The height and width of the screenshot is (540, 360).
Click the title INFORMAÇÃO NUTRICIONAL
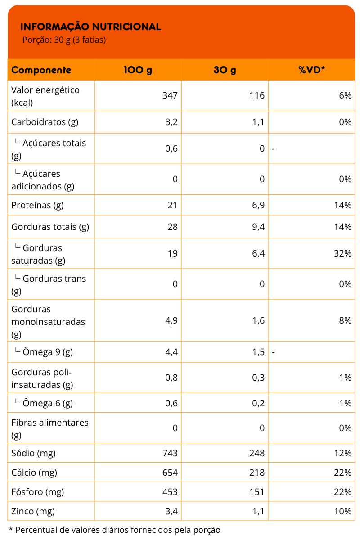(x=90, y=27)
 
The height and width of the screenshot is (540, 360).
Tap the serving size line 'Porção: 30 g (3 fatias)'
(x=64, y=40)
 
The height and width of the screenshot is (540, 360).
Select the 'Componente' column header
(x=41, y=70)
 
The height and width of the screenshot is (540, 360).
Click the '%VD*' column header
(x=311, y=70)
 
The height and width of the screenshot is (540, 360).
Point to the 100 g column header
(x=138, y=70)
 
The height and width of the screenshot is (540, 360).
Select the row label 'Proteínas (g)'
(x=37, y=205)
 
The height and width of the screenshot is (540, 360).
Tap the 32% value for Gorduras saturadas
(x=342, y=253)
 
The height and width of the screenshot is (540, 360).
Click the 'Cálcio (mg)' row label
(x=34, y=472)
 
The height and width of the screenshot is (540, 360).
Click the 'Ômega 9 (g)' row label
(x=47, y=352)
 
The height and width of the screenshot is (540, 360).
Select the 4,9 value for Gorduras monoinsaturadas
(x=171, y=320)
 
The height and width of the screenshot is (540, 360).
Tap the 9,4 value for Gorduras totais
(x=258, y=227)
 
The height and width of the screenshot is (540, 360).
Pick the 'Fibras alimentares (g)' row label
(x=49, y=428)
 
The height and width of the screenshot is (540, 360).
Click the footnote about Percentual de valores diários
(x=115, y=530)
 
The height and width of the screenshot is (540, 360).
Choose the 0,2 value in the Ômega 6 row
(x=258, y=403)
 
